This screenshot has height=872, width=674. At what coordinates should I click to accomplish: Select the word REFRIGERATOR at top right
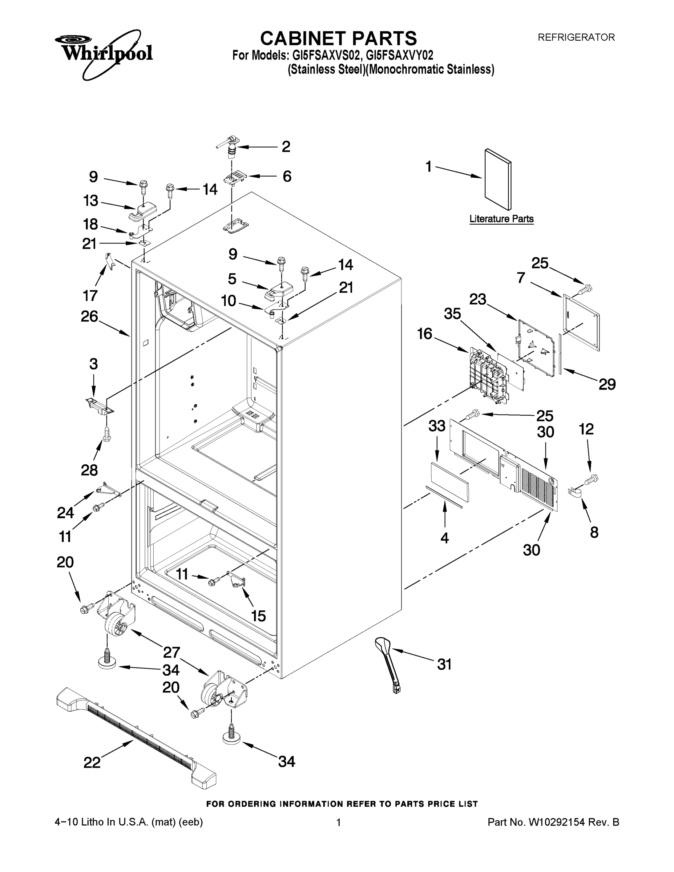coord(576,37)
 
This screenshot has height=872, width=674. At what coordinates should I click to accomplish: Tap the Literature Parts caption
coord(501,219)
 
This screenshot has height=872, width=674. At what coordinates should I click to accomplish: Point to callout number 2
coord(286,146)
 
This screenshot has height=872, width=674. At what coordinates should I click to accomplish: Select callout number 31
coord(444,665)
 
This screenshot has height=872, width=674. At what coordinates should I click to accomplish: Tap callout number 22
coord(92,763)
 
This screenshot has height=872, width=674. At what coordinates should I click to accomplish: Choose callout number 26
coord(89,316)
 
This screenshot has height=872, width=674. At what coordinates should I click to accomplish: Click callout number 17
coord(90,295)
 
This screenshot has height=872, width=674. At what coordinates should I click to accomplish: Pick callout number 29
coord(606,384)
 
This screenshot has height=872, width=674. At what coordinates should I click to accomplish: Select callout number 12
coord(586,429)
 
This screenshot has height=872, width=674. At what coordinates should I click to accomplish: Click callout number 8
coord(594,532)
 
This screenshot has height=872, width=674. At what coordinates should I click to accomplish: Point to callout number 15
coord(258,616)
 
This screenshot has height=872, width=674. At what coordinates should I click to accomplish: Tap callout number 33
coord(437,426)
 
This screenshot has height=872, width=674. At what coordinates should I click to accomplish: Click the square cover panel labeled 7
coord(581,322)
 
